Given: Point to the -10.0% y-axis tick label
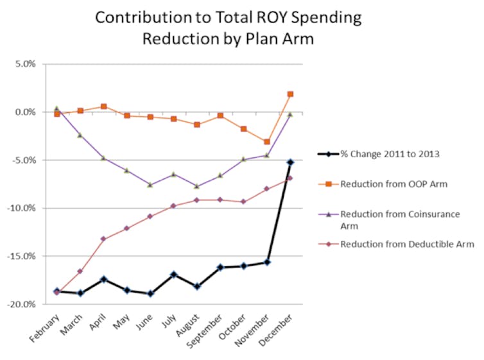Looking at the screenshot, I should (27, 208).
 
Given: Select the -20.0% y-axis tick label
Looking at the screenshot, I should (27, 304).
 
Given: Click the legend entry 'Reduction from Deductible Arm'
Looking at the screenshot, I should (407, 244).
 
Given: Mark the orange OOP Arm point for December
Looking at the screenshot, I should (290, 94).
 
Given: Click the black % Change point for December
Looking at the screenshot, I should (290, 162).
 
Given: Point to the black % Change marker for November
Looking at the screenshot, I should (267, 262).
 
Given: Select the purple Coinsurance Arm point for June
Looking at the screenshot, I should (150, 185).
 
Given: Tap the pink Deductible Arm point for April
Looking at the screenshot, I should (103, 239).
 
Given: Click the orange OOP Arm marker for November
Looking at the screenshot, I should (267, 142).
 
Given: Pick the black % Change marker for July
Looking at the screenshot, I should (173, 274).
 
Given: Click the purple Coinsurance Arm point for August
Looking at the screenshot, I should (197, 186).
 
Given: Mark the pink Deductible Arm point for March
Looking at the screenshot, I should (80, 271).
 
